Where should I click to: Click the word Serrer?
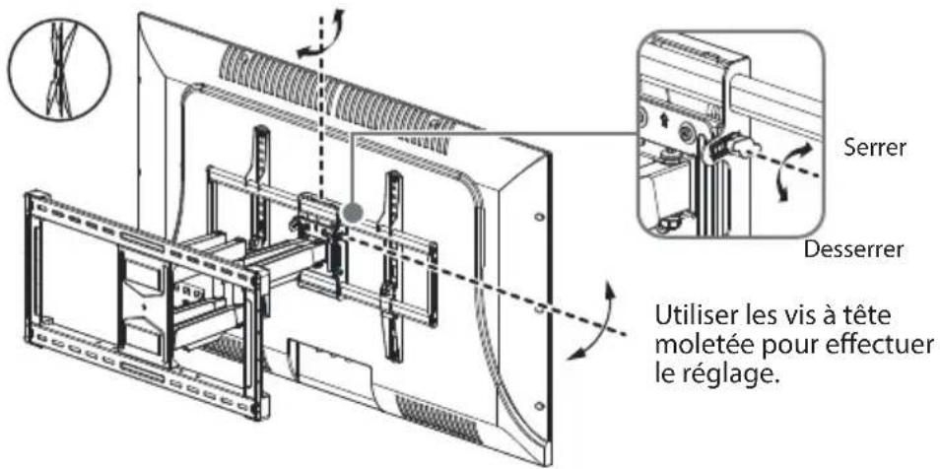(x=875, y=148)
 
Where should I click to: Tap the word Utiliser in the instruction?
(x=695, y=316)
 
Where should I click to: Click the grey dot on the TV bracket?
(x=352, y=212)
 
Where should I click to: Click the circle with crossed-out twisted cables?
(x=59, y=69)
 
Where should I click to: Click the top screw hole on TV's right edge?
(x=538, y=216)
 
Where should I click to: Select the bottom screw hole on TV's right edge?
(x=540, y=406)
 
